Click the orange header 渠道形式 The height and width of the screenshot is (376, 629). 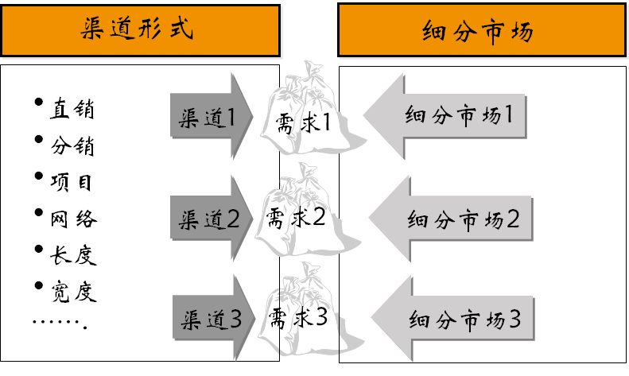(x=140, y=30)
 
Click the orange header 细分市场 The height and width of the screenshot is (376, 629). (x=479, y=30)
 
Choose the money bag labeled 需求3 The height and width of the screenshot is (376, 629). (x=299, y=318)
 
